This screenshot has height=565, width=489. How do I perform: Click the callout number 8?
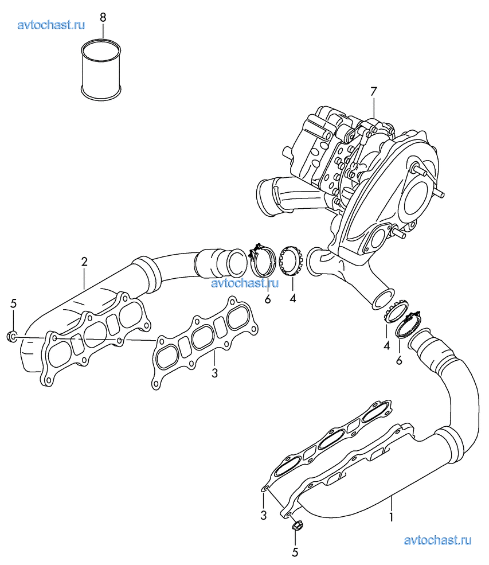pos(103,17)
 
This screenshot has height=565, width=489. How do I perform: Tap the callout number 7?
pos(373,92)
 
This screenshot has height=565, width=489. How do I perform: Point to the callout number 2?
pos(84,262)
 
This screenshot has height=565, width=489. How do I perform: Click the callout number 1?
pos(391,517)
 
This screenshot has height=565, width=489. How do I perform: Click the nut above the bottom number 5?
pos(297,526)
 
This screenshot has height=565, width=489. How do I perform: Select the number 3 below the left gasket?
pos(214,373)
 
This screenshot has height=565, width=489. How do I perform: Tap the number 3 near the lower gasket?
pos(264,515)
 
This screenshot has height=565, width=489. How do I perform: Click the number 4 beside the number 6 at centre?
pos(293,298)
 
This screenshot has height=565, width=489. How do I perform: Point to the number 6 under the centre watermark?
pos(268,299)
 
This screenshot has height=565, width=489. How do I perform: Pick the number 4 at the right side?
pos(386,346)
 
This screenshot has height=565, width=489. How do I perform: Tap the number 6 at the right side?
pos(399,360)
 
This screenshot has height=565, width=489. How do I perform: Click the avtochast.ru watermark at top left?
pos(51,25)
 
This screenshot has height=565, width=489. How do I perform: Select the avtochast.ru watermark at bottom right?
pos(437,540)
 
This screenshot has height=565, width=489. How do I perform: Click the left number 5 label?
pos(13,304)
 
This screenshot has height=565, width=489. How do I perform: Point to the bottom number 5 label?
pos(295,552)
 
